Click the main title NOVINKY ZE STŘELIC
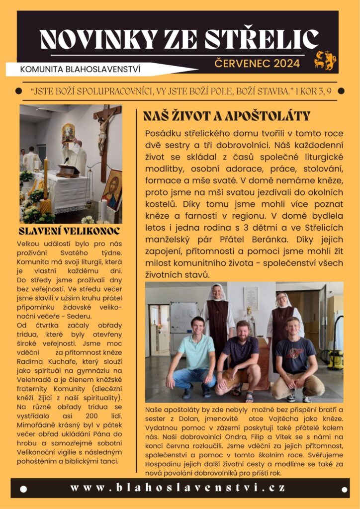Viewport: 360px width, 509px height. point(179,39)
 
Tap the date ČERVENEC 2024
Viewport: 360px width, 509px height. point(257,64)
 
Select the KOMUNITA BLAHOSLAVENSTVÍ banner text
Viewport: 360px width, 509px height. point(80,69)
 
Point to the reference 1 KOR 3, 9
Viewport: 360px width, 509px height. point(313,91)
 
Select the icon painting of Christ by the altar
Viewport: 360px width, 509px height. point(112,189)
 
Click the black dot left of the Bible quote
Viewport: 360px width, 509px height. point(19,91)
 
